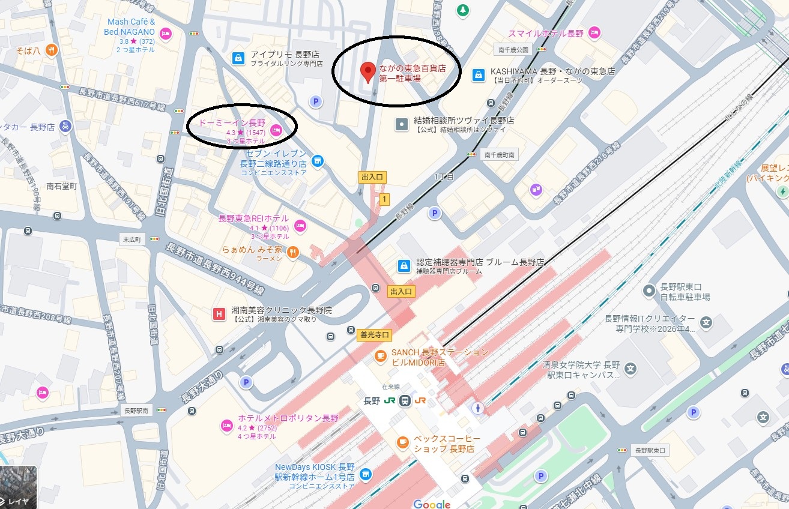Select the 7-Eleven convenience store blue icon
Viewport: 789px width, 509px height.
click(x=318, y=160)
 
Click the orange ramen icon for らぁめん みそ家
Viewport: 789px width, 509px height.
click(x=293, y=252)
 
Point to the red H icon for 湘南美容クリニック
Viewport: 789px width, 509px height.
click(x=220, y=313)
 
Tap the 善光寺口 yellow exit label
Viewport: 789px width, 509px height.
click(x=374, y=335)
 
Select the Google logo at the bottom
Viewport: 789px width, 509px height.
click(x=431, y=503)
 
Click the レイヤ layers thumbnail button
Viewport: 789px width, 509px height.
click(x=19, y=487)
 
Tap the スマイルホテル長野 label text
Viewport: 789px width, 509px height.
click(x=546, y=33)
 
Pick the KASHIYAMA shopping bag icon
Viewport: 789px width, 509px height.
click(x=479, y=74)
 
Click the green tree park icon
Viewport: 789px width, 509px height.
click(x=462, y=10)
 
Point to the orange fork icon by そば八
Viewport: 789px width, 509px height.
click(x=52, y=50)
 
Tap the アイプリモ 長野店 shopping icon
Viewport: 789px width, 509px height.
click(x=238, y=58)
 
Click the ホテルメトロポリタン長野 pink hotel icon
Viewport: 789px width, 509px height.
click(x=227, y=426)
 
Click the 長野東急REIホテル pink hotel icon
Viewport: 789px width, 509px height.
click(x=300, y=226)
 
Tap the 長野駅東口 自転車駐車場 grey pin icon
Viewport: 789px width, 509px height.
click(x=648, y=291)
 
